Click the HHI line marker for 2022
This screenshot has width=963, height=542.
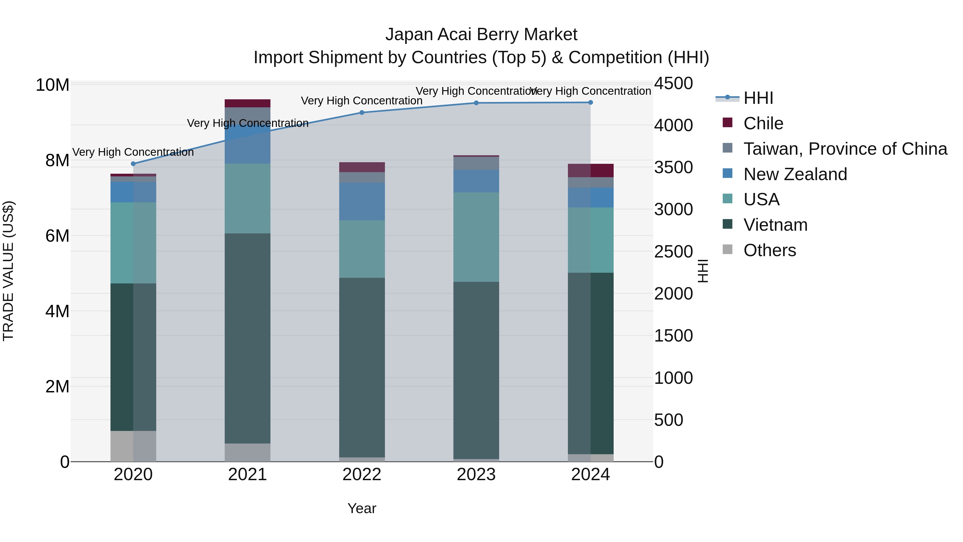(x=361, y=113)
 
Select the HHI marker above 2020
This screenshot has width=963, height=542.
(x=133, y=164)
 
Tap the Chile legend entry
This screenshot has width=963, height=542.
(x=763, y=123)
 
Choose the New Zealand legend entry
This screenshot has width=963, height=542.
(x=795, y=174)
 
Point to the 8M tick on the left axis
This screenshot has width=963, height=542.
(x=57, y=161)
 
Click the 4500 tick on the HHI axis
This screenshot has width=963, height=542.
(x=673, y=84)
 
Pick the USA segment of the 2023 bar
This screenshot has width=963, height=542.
(x=476, y=237)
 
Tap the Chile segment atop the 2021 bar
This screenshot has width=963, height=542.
(x=247, y=103)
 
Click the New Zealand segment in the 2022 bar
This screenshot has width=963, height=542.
(x=361, y=201)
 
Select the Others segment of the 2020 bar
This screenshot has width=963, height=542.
(x=133, y=446)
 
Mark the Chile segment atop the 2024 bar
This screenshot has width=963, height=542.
(x=591, y=170)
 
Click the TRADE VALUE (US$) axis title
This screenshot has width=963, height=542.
(x=8, y=271)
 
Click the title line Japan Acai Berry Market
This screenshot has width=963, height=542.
(x=481, y=35)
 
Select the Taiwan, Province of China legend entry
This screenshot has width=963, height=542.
(x=845, y=149)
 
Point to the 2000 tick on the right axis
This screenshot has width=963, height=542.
(x=673, y=294)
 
